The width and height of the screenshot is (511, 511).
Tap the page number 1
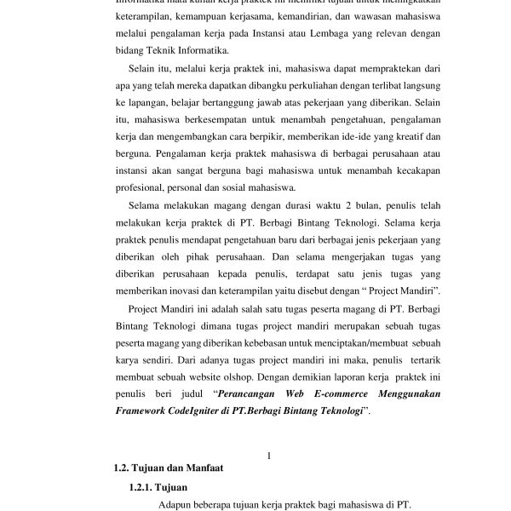pos(269,456)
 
